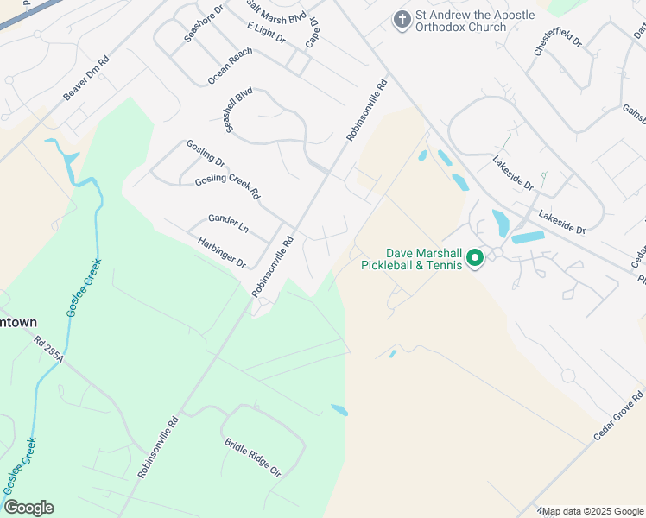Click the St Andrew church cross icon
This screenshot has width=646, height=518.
pyautogui.click(x=402, y=18)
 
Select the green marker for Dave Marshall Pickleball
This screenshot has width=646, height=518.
pyautogui.click(x=474, y=257)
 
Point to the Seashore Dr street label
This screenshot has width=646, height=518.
pyautogui.click(x=204, y=22)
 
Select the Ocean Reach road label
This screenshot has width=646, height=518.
pyautogui.click(x=230, y=66)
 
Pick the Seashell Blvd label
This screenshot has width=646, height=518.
pyautogui.click(x=237, y=109)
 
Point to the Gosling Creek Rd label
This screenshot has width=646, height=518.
pyautogui.click(x=227, y=185)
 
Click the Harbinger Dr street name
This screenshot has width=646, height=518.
pyautogui.click(x=222, y=252)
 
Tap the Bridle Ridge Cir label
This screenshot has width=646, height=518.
pyautogui.click(x=253, y=458)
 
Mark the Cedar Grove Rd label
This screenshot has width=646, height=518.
pyautogui.click(x=619, y=414)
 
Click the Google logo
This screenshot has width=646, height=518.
pyautogui.click(x=28, y=508)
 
